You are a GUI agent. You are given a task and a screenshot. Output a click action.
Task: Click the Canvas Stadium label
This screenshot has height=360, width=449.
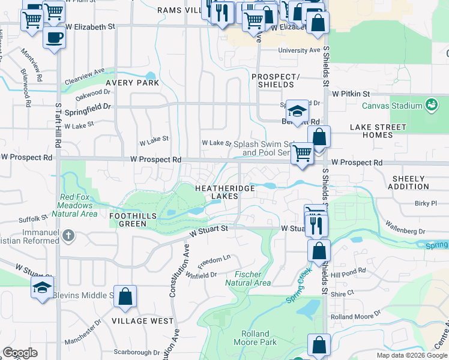(x=392, y=106)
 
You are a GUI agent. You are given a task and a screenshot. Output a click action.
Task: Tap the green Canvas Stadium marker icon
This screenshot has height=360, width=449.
(x=431, y=106)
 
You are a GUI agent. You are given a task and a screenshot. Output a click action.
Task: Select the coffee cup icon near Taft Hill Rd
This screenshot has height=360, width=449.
(x=54, y=38)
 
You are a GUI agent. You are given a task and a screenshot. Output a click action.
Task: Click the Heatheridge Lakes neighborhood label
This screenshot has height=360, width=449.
(x=225, y=193)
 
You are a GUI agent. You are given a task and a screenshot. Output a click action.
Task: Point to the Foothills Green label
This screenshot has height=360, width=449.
(x=133, y=220)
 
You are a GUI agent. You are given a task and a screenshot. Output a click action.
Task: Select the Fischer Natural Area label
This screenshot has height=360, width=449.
(x=248, y=278)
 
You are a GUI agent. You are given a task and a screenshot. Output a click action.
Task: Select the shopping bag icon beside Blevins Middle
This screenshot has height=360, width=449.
(x=125, y=296)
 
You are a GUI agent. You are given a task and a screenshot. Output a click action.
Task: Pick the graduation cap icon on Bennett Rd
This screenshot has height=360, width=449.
(x=297, y=111)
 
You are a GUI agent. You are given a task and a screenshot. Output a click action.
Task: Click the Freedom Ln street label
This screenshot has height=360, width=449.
(x=214, y=260)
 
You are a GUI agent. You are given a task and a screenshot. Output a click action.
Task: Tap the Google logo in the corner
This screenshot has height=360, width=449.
(x=20, y=353)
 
